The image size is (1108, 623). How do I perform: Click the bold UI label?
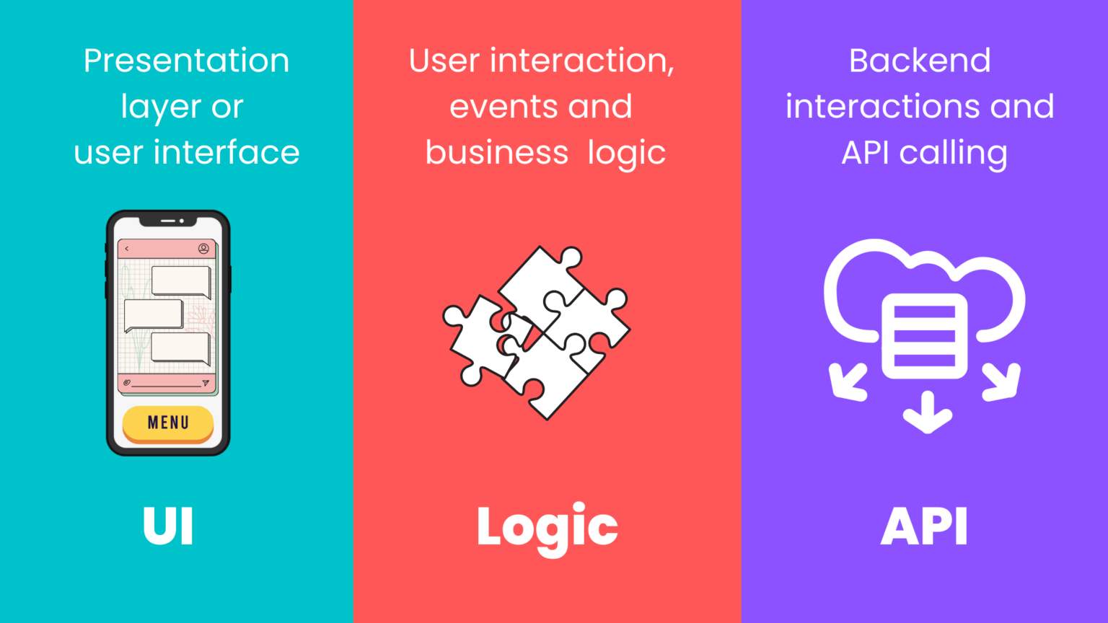coord(168,526)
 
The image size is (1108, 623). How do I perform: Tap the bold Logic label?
coord(547,528)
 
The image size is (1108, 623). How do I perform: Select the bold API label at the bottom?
coord(924,526)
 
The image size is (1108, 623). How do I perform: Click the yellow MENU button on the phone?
coord(168,423)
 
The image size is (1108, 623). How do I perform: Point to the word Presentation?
coord(186,61)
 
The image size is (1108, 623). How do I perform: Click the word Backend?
coord(920,61)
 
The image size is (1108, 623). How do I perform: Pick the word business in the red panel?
coord(497,153)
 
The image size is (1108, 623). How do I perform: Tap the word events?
coord(503,107)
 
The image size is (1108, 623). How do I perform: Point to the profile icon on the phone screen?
coord(203,249)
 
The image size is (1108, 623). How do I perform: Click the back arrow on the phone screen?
coord(127,249)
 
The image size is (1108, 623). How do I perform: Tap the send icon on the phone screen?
coord(206,383)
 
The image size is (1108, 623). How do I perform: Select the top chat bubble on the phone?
coord(181,280)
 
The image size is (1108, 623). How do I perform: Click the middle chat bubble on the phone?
coord(154,315)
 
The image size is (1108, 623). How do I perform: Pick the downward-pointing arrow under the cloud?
coord(928,412)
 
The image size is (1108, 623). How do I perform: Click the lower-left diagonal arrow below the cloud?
coord(847,381)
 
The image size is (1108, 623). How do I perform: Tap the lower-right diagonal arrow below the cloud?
coord(1002,381)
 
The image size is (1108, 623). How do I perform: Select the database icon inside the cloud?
coord(924,335)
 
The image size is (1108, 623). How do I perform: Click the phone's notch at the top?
coord(168,220)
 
